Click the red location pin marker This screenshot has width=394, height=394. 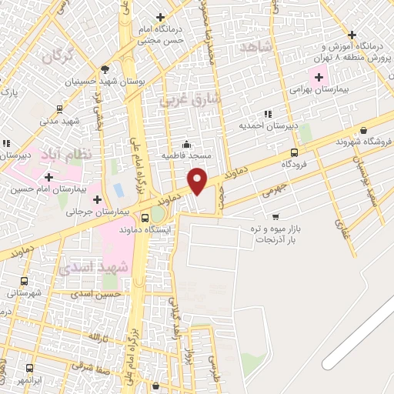(199, 180)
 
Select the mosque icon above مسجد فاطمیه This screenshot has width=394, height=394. (185, 144)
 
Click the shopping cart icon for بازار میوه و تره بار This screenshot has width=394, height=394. (275, 216)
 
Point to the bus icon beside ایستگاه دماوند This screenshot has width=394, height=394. (145, 217)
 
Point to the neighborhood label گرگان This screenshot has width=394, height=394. (58, 55)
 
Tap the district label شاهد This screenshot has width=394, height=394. (256, 48)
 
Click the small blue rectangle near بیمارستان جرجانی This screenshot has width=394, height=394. (118, 189)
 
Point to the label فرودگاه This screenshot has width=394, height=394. (295, 164)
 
